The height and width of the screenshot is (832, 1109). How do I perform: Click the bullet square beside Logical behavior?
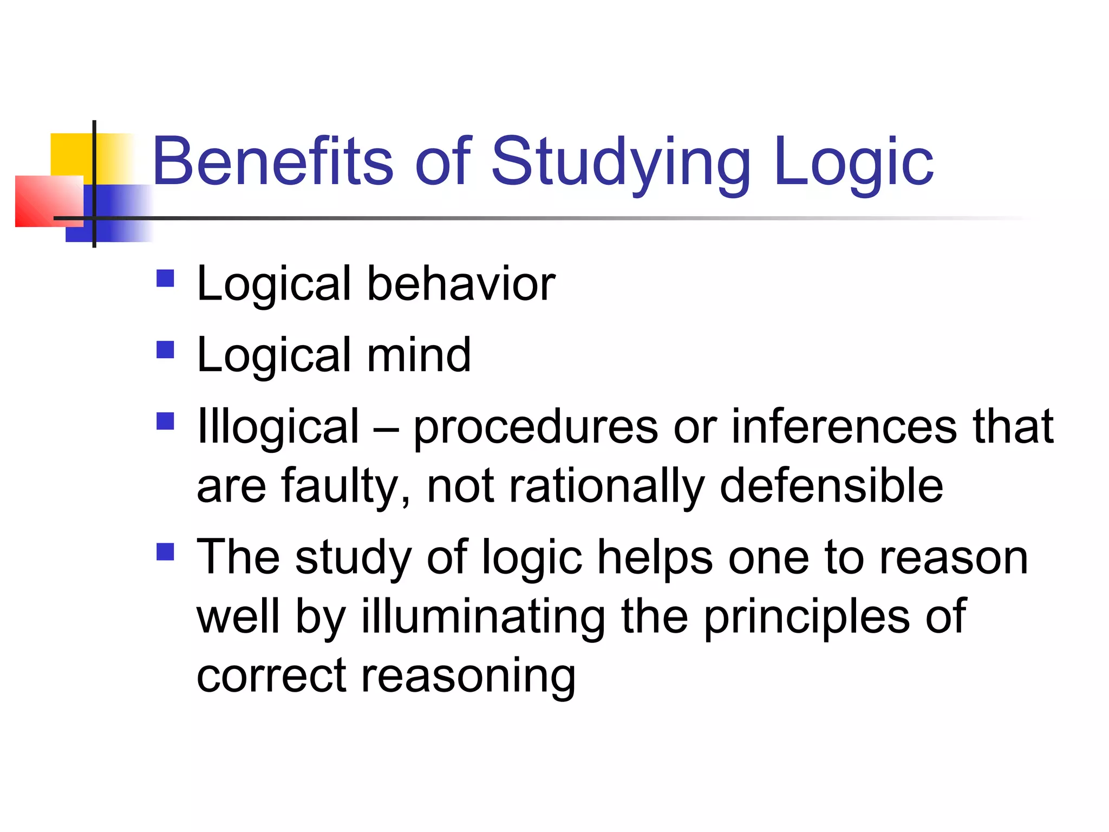point(165,278)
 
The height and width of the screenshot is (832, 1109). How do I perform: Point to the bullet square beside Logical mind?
point(165,350)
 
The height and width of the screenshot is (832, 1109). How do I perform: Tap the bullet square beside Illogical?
point(165,421)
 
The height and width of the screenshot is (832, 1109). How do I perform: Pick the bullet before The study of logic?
point(165,552)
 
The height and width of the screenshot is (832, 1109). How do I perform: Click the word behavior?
point(461,284)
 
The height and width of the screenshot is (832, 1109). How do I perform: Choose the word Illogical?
point(278,427)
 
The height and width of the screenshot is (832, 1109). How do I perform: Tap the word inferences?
point(844,427)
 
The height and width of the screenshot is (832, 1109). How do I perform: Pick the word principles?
point(806,617)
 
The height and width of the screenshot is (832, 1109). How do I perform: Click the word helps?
point(655,558)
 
